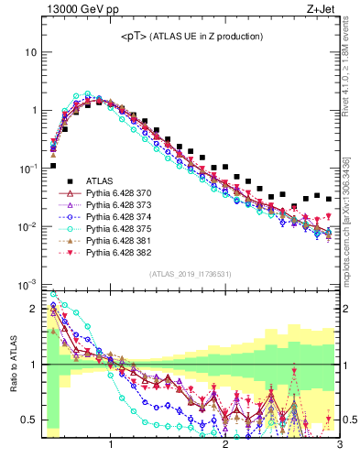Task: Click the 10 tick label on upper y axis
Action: coord(30,52)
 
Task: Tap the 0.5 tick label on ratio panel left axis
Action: coord(28,420)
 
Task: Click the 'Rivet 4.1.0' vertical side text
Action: coord(352,64)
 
